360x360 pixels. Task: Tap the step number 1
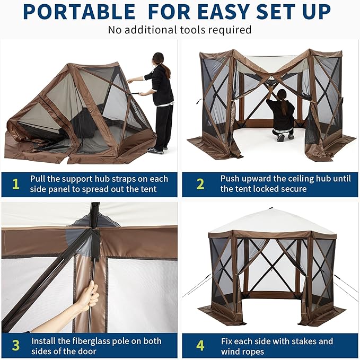(x=16, y=184)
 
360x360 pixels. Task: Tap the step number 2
(x=200, y=184)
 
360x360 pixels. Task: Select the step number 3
(x=16, y=345)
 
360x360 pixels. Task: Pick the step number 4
(x=200, y=345)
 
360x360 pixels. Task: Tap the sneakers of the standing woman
(x=156, y=150)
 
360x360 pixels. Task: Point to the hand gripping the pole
(x=88, y=295)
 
